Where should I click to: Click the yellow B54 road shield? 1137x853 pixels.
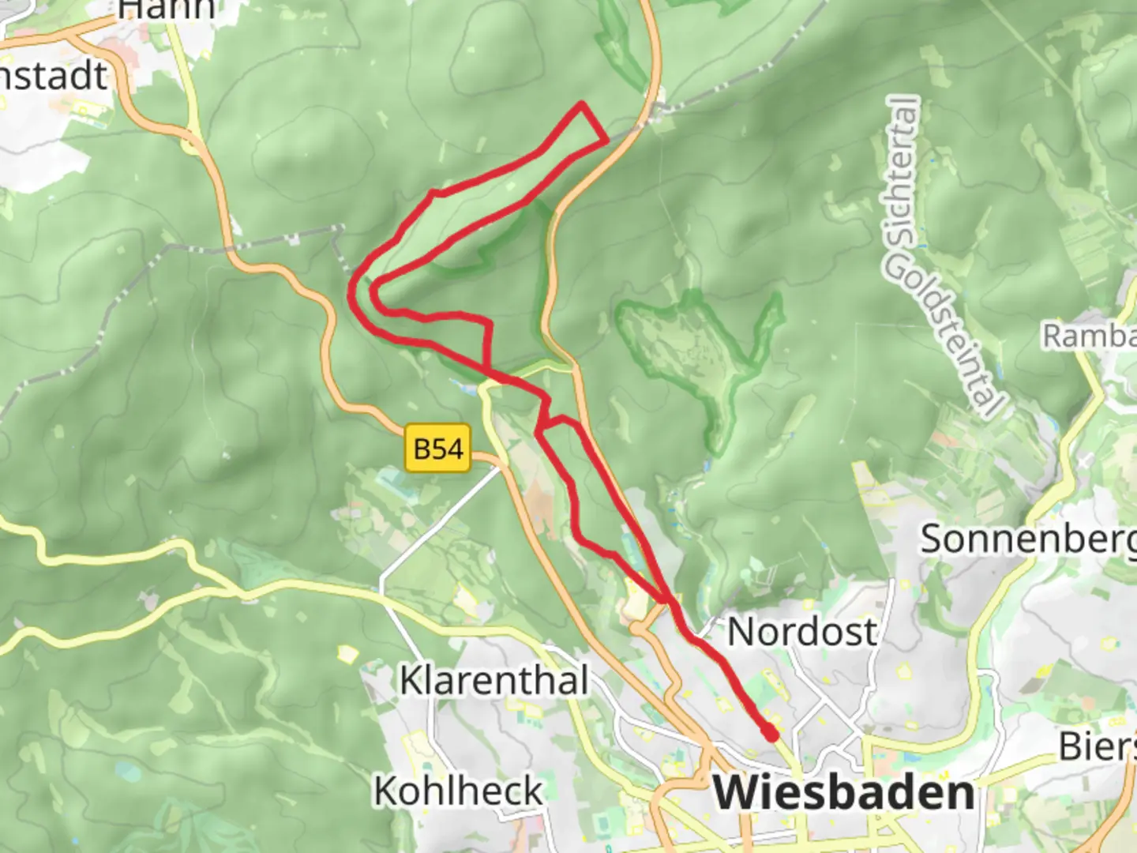pyautogui.click(x=438, y=449)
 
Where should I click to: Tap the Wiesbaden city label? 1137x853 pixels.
pyautogui.click(x=843, y=792)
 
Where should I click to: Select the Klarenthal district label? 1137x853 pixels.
pyautogui.click(x=494, y=680)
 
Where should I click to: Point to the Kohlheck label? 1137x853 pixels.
pyautogui.click(x=459, y=790)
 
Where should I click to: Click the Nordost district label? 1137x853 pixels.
pyautogui.click(x=801, y=631)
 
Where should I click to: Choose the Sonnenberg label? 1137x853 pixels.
pyautogui.click(x=1026, y=539)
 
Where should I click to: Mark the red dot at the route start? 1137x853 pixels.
pyautogui.click(x=770, y=735)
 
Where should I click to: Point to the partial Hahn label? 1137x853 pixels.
pyautogui.click(x=166, y=9)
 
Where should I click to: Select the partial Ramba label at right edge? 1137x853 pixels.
pyautogui.click(x=1090, y=335)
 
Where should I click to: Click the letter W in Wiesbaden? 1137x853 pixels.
pyautogui.click(x=733, y=792)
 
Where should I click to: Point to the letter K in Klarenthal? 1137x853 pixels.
pyautogui.click(x=410, y=680)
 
